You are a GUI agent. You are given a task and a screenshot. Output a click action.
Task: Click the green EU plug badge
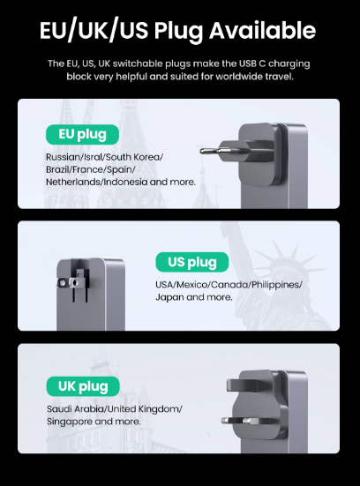click(82, 135)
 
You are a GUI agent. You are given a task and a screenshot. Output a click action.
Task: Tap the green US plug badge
click(192, 262)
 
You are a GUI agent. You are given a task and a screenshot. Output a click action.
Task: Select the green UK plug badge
click(83, 386)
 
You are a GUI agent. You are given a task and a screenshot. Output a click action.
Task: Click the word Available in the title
click(262, 30)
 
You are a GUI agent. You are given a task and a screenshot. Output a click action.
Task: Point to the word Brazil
click(54, 169)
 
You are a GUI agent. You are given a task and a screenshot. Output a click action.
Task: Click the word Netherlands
click(73, 182)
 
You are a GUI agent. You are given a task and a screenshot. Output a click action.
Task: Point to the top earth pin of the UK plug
click(244, 385)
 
